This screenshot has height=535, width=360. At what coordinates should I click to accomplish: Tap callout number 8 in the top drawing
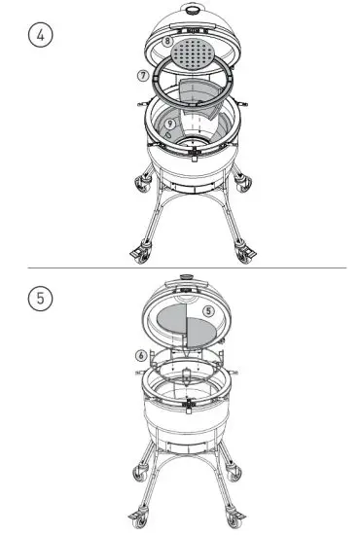(x=168, y=43)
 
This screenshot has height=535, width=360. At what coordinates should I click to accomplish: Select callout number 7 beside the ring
(x=143, y=74)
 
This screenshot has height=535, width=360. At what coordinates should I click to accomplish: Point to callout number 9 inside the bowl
(x=170, y=125)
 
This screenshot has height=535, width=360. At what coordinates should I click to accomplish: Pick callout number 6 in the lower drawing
(x=142, y=356)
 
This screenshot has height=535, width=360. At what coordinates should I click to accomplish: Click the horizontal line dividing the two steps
(x=180, y=265)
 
